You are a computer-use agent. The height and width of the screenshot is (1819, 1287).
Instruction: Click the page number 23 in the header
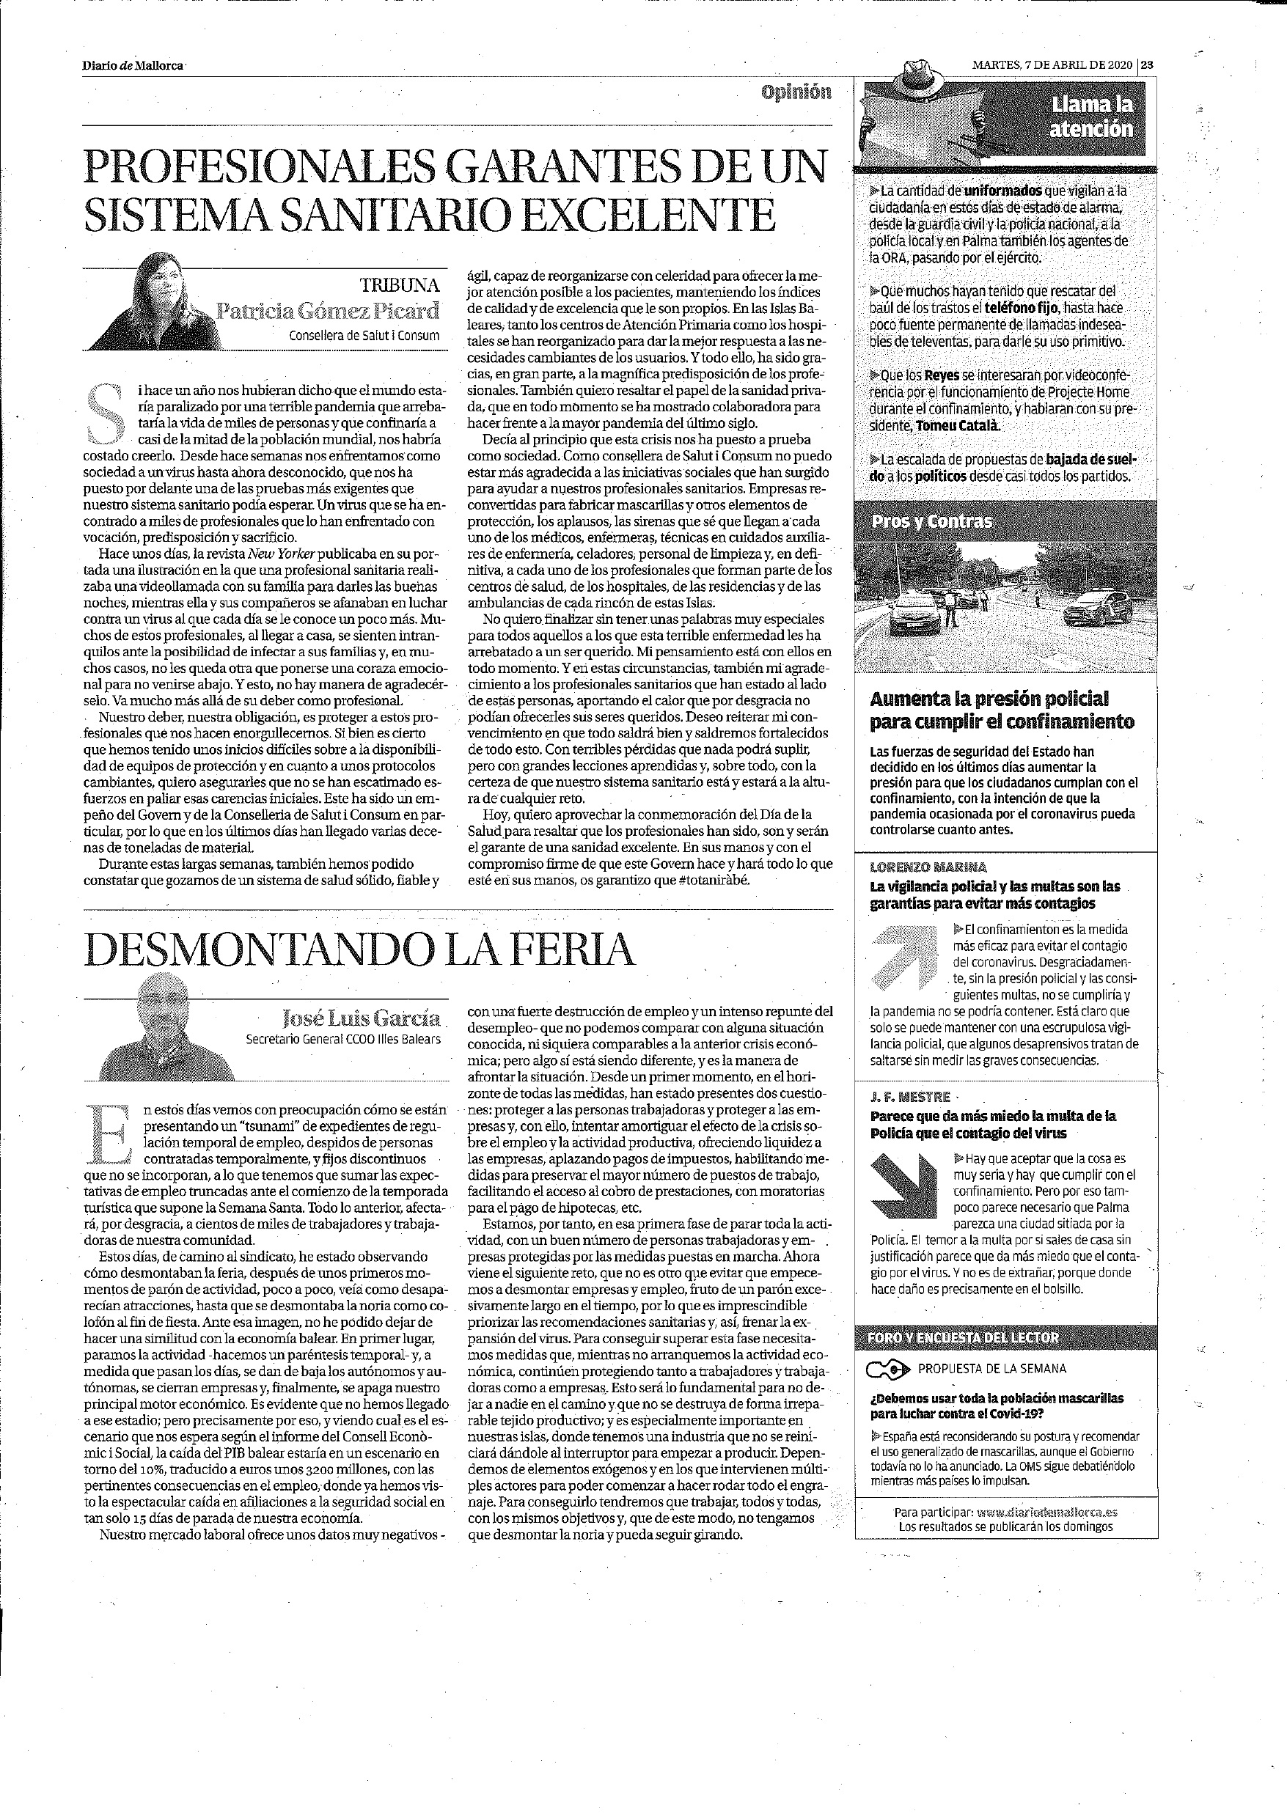click(x=1148, y=66)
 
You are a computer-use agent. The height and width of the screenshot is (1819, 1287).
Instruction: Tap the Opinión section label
click(x=796, y=92)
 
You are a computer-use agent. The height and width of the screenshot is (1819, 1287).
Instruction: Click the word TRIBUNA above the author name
click(x=400, y=285)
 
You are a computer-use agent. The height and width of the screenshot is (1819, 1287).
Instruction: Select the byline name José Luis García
click(x=362, y=1018)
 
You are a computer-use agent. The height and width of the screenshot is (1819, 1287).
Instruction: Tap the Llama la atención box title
click(x=1092, y=117)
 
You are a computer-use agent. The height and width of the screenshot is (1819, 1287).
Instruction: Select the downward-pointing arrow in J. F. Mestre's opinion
click(x=903, y=1186)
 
